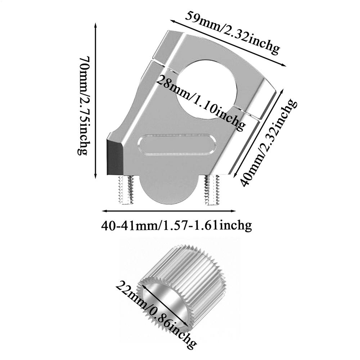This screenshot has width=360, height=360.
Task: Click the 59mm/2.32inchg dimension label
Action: tap(232, 32)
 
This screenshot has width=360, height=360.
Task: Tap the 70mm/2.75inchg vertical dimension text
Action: tap(83, 105)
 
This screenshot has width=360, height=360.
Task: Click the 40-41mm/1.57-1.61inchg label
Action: tap(176, 226)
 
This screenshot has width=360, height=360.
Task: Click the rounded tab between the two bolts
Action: tap(169, 191)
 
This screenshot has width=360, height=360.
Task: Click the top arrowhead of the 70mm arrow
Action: tap(95, 24)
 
